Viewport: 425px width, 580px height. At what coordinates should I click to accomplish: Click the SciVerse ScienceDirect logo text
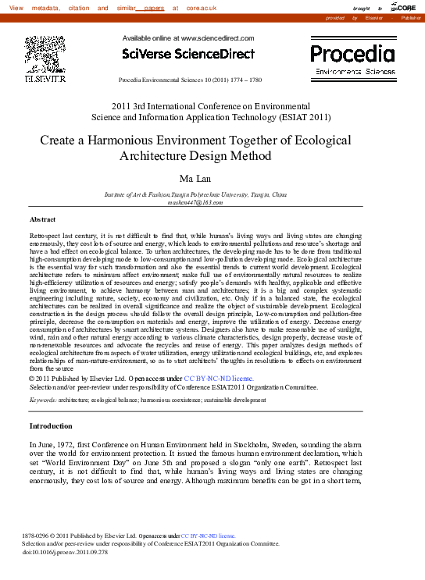point(188,54)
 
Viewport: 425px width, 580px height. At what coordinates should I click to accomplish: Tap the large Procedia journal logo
point(353,54)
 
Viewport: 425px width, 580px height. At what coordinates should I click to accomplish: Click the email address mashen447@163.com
point(195,202)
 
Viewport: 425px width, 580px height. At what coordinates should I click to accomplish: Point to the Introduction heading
point(51,426)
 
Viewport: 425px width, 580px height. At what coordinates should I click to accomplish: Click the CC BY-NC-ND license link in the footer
point(208,536)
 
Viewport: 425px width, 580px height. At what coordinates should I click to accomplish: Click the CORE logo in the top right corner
point(405,7)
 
